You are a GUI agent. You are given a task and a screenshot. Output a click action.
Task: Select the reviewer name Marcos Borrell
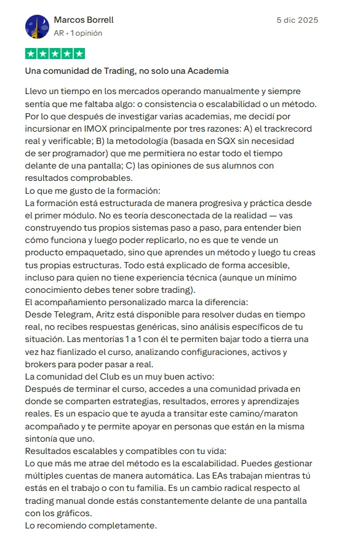coord(84,20)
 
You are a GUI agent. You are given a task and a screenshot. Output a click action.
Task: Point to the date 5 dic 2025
coord(297,20)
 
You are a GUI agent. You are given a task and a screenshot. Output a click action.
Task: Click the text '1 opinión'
coord(87,33)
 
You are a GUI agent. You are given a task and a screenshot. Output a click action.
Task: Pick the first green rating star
coord(31,54)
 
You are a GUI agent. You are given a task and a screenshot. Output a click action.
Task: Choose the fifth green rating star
coord(79,54)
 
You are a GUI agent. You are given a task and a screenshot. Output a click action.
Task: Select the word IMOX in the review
coord(92,128)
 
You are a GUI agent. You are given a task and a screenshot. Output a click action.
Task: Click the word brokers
coord(41,363)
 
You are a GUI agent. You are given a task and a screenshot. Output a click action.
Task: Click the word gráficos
coord(67,512)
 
